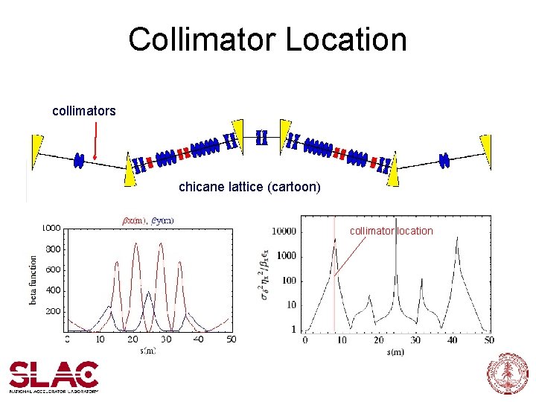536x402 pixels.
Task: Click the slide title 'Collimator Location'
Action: pos(267,39)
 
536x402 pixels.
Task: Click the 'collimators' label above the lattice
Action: pos(84,111)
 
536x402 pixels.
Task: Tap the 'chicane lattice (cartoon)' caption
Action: pos(249,188)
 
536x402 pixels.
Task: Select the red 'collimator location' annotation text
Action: pos(392,231)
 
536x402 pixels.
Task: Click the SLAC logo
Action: pos(54,376)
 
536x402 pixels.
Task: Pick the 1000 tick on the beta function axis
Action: pos(51,228)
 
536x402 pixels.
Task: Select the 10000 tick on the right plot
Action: pos(283,232)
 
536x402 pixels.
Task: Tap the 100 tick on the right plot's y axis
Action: pos(287,281)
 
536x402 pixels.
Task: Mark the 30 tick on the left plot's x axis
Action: pos(165,339)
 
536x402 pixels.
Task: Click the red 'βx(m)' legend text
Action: pos(135,220)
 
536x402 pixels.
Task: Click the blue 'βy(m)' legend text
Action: pos(162,220)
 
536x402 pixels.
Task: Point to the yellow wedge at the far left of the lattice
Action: pos(37,147)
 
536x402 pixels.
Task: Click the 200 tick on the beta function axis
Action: pos(53,311)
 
